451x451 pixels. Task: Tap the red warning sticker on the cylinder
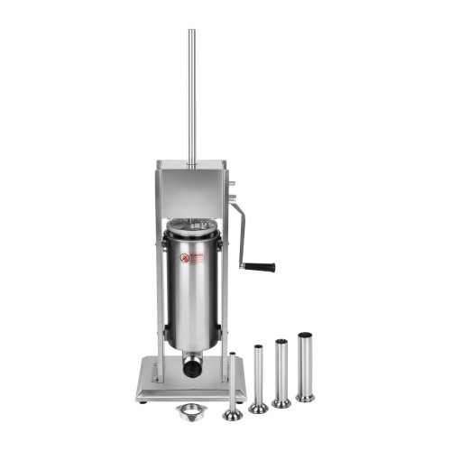[x=185, y=259]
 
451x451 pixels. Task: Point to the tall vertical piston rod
[x=191, y=99]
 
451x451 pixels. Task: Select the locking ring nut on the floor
[x=191, y=410]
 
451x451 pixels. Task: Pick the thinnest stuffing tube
[x=233, y=383]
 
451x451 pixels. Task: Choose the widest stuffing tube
[x=305, y=365]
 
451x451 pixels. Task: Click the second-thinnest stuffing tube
[x=258, y=376]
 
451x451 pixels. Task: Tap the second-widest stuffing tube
[x=281, y=370]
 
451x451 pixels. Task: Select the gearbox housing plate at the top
[x=191, y=189]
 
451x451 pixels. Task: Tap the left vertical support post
[x=161, y=298]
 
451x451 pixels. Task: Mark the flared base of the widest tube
[x=305, y=396]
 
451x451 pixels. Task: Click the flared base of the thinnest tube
[x=233, y=415]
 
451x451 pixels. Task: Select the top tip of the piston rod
[x=191, y=32]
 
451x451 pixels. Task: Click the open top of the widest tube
[x=305, y=335]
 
